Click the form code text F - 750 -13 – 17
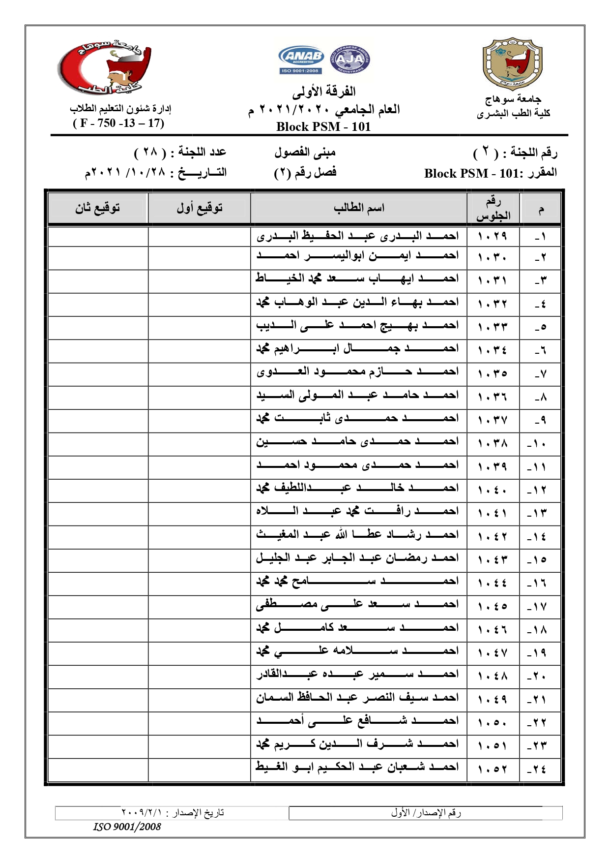(x=118, y=123)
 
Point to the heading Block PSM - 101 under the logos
(x=323, y=126)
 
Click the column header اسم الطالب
(x=358, y=208)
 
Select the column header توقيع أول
(x=199, y=208)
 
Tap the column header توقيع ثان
(x=97, y=208)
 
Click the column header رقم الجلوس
(x=493, y=208)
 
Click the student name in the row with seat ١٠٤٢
(x=357, y=535)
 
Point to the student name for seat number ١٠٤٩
(x=357, y=698)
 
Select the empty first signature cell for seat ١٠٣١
(x=199, y=281)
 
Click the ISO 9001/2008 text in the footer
(x=127, y=827)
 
